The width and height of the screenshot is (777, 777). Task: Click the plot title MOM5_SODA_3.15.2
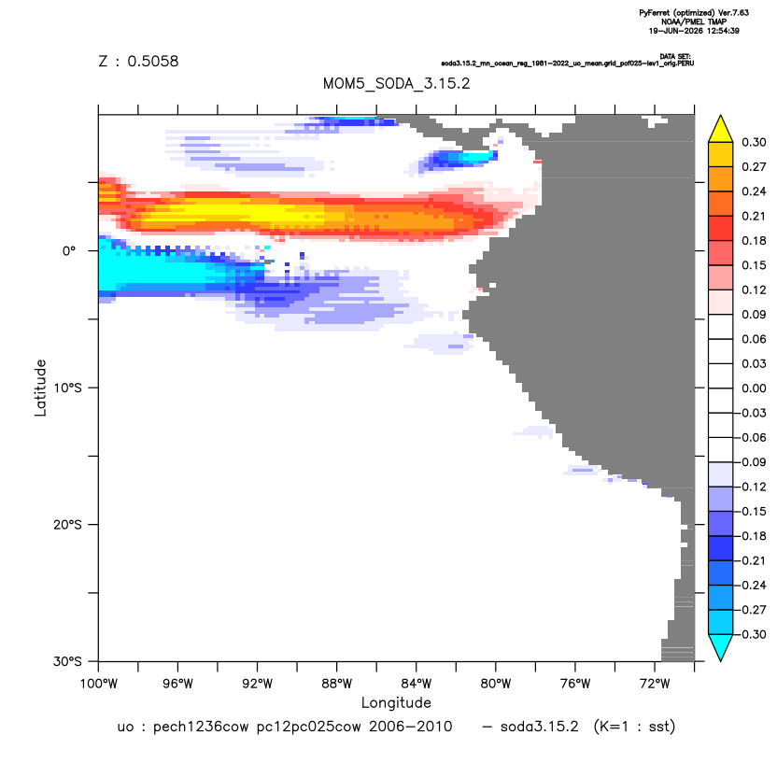pos(396,83)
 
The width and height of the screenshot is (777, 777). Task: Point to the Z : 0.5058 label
pos(138,61)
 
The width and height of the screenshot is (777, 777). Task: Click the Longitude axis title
pos(396,702)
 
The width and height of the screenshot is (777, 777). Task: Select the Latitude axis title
pos(40,388)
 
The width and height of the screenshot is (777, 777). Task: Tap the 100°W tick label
pos(99,684)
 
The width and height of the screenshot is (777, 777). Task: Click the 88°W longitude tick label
pos(336,684)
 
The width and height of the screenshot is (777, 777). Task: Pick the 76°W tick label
pos(575,684)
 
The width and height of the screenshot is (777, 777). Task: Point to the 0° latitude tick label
pos(69,250)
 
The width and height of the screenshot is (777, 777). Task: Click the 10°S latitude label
pos(67,388)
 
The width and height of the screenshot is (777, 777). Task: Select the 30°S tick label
pos(67,661)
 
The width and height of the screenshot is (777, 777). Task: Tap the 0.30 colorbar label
pos(754,142)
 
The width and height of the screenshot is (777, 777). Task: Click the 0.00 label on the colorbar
pos(754,388)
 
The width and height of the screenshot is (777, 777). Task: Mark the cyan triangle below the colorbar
pos(721,645)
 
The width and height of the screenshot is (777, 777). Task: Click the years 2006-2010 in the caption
pos(410,727)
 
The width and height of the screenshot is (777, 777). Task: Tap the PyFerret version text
pos(694,13)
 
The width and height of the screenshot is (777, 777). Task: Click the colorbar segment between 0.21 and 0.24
pos(721,204)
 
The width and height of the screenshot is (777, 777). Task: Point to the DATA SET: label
pos(675,56)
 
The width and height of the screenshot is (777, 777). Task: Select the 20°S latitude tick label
pos(67,524)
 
